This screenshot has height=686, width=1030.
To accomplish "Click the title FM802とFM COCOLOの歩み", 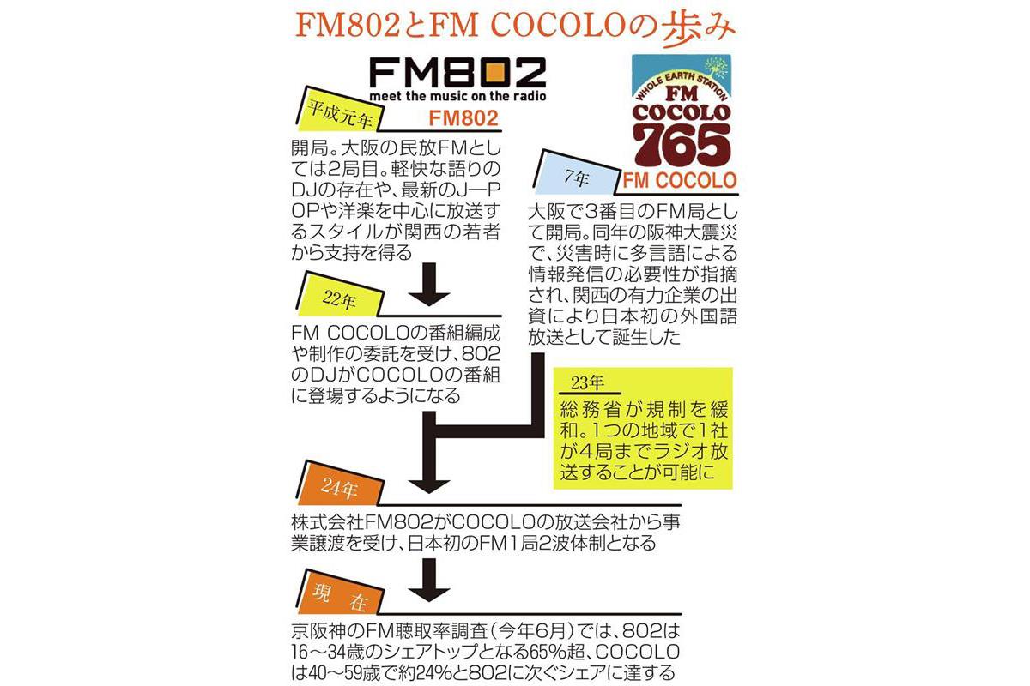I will click(514, 26).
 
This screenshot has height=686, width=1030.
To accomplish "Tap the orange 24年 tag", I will click(335, 486).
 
